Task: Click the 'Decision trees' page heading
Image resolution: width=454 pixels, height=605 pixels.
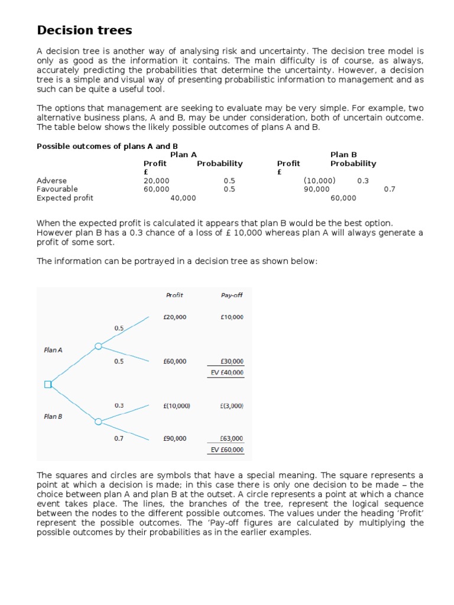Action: pyautogui.click(x=85, y=30)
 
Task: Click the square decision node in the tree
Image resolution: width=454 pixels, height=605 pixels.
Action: pyautogui.click(x=48, y=385)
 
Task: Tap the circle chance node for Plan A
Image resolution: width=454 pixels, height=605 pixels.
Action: pyautogui.click(x=99, y=346)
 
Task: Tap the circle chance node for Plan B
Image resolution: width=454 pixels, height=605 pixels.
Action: pyautogui.click(x=99, y=421)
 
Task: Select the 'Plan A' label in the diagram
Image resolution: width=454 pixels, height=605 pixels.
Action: pyautogui.click(x=53, y=350)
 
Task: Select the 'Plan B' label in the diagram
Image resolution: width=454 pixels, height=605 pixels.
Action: pyautogui.click(x=53, y=417)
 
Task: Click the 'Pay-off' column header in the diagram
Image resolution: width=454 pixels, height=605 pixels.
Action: pyautogui.click(x=231, y=295)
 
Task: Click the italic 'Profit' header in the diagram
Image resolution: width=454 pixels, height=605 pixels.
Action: pyautogui.click(x=174, y=295)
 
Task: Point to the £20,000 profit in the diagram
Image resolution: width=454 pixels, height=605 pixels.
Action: pyautogui.click(x=174, y=317)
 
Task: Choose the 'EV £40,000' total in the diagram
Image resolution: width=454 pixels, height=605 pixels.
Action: pyautogui.click(x=227, y=373)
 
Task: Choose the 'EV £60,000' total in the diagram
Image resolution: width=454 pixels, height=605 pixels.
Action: pyautogui.click(x=227, y=450)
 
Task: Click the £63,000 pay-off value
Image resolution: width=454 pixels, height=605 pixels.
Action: pyautogui.click(x=231, y=438)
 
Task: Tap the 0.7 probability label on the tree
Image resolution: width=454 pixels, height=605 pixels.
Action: pyautogui.click(x=119, y=438)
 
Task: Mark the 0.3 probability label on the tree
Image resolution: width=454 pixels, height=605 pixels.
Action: pyautogui.click(x=119, y=405)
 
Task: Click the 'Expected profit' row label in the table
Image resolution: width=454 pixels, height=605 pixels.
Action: pyautogui.click(x=65, y=198)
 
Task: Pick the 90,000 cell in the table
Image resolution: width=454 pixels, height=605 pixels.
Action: pyautogui.click(x=317, y=189)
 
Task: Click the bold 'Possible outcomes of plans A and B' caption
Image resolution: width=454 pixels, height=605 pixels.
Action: pyautogui.click(x=107, y=146)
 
